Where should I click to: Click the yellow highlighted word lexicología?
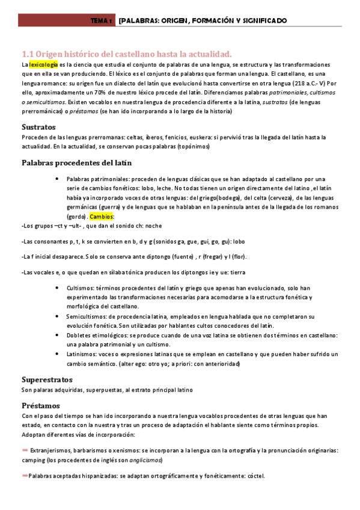click(44, 64)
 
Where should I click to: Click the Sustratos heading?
click(38, 127)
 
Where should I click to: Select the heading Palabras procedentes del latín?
click(76, 163)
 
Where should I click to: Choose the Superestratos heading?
click(47, 379)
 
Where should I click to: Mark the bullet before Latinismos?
click(56, 354)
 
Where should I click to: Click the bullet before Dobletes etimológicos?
click(56, 335)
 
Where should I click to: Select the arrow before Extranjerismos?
click(25, 449)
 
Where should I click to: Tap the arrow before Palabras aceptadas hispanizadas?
click(25, 476)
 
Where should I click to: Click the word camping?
click(34, 459)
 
